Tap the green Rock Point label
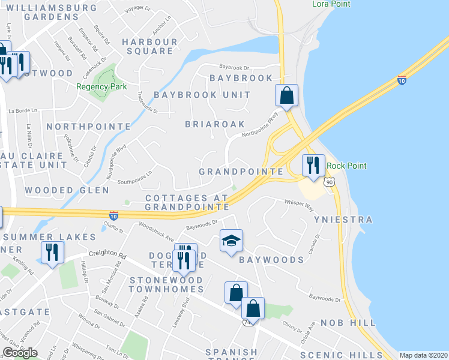click(346, 166)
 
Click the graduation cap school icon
click(232, 241)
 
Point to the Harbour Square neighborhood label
click(148, 46)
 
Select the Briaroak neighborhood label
click(215, 124)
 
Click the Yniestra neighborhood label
click(344, 220)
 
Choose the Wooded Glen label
click(67, 190)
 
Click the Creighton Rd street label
click(106, 254)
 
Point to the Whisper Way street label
click(300, 206)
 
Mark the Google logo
click(20, 353)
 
